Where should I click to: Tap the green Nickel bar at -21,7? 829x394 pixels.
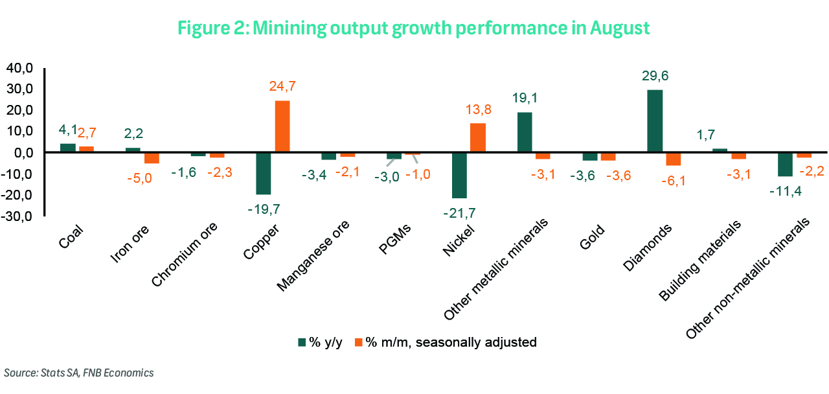(x=459, y=175)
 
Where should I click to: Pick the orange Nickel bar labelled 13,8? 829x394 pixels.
(x=478, y=137)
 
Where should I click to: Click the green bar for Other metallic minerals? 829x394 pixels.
(x=525, y=132)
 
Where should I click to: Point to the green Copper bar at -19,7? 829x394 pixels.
(x=263, y=173)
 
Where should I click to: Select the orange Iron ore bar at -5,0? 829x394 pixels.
(x=152, y=157)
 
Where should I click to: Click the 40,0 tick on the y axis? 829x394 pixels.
(x=19, y=67)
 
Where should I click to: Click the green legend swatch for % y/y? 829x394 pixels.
(x=301, y=342)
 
